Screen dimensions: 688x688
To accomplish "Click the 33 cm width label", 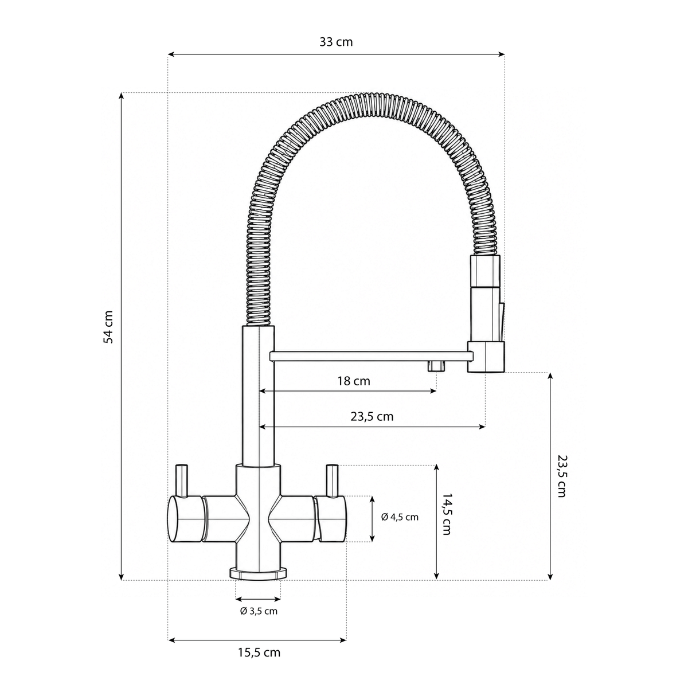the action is [x=336, y=42].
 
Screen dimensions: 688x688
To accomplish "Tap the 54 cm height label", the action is [x=108, y=327].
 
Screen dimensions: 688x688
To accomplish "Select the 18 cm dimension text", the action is [x=354, y=381].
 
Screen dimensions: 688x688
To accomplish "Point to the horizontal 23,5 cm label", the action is [x=372, y=417].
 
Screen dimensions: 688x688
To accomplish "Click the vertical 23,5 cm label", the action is [x=562, y=476].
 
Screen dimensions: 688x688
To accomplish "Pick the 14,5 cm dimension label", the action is [x=447, y=514].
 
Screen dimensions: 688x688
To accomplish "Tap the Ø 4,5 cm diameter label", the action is [x=400, y=517].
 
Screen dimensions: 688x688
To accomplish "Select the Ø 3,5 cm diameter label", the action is [x=259, y=611].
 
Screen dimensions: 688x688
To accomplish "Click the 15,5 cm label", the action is [x=259, y=652].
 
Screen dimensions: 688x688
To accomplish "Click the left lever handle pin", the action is [x=182, y=480].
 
